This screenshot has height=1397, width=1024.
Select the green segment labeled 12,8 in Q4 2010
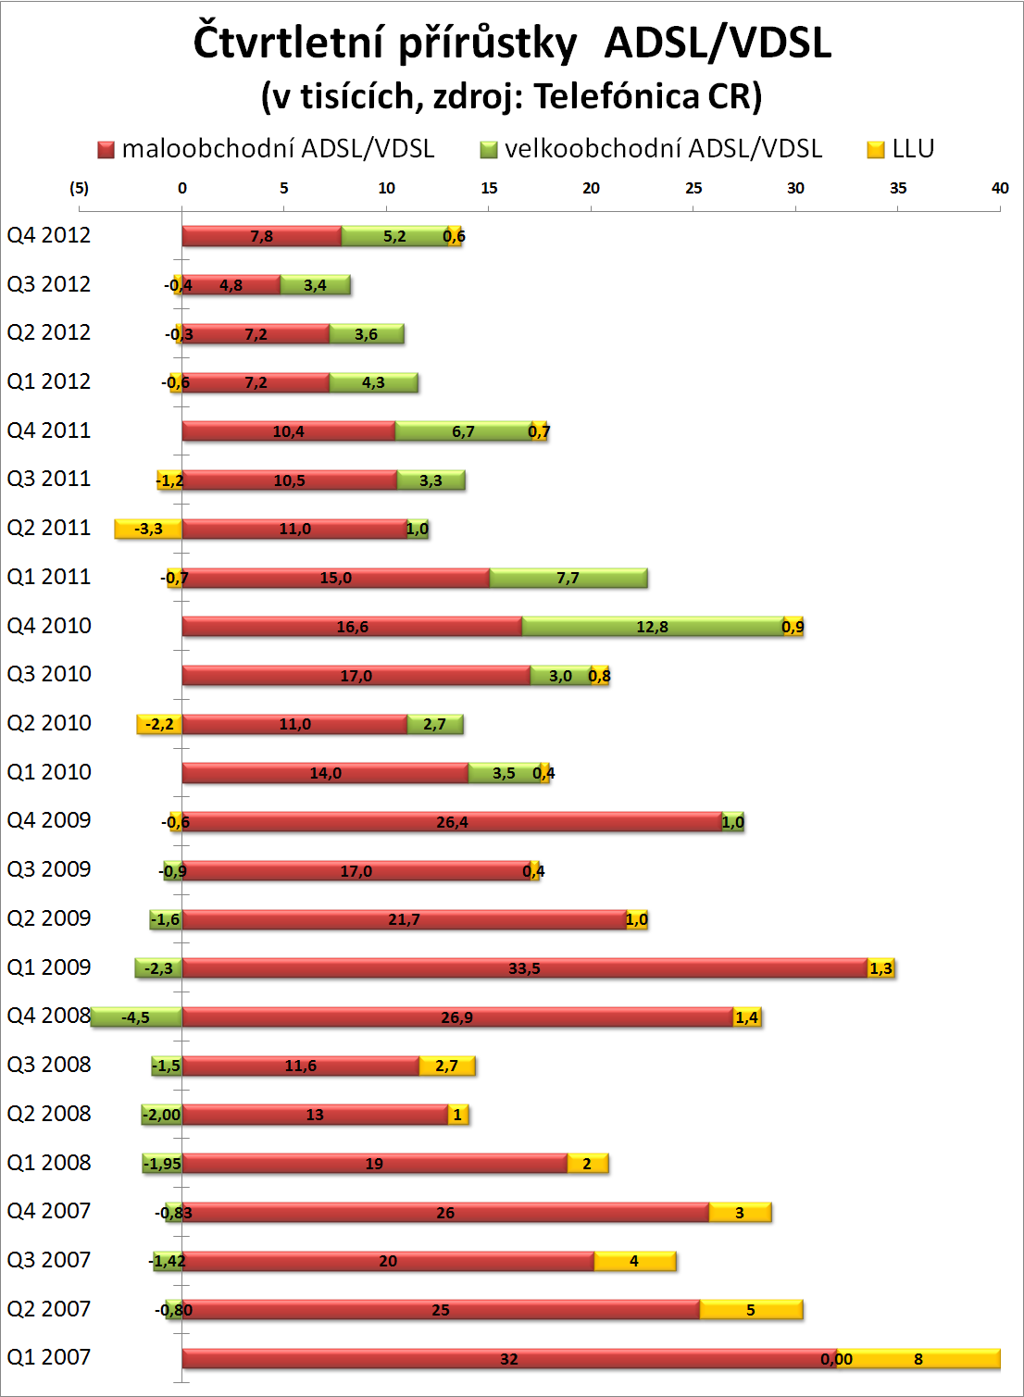click(653, 627)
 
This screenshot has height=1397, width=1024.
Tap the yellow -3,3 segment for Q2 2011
click(148, 529)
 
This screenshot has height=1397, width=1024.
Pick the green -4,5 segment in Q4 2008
click(136, 1017)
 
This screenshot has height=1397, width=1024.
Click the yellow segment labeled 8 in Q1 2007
click(918, 1359)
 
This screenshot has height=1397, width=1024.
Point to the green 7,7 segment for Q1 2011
click(568, 578)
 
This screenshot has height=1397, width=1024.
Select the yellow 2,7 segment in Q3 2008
click(446, 1066)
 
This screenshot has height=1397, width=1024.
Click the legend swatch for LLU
click(876, 150)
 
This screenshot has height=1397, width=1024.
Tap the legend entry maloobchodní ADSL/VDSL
click(278, 149)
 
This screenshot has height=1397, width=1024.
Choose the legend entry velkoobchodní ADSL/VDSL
click(663, 149)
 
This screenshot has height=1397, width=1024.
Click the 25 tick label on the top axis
click(693, 188)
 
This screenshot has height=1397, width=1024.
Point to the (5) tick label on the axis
click(80, 188)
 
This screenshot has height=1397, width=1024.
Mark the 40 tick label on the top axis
click(1000, 188)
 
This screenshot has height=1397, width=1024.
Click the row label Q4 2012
click(49, 235)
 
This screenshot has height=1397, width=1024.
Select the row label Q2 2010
click(49, 723)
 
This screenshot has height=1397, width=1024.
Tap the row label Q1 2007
click(49, 1357)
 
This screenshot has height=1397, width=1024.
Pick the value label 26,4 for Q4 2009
click(452, 822)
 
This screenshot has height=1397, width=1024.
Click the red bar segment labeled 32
click(508, 1359)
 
